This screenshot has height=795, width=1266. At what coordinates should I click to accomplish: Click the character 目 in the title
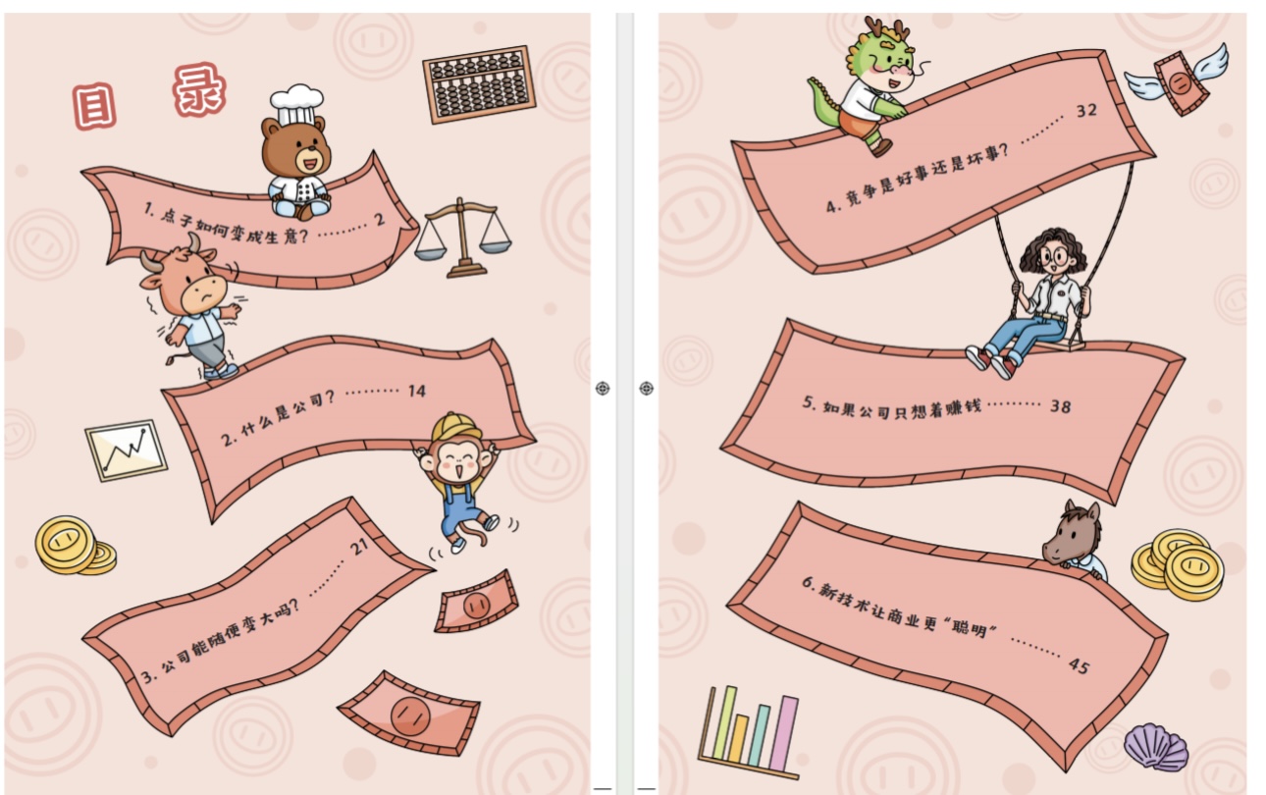click(94, 106)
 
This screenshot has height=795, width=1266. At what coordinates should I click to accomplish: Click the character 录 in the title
click(199, 90)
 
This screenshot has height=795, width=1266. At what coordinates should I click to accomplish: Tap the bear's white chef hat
click(296, 105)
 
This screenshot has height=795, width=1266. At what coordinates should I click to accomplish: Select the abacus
click(479, 84)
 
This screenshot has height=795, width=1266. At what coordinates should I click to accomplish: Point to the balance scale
click(463, 238)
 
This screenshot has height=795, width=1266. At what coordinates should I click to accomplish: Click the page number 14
click(417, 391)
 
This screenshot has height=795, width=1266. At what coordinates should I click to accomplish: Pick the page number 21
click(359, 547)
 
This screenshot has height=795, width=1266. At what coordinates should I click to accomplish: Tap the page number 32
click(1086, 111)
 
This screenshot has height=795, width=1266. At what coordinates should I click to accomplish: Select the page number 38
click(1060, 406)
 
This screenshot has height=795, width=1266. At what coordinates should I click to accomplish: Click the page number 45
click(1079, 665)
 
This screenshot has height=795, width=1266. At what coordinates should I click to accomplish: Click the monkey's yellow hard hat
click(455, 427)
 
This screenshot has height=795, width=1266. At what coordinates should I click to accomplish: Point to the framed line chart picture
click(126, 450)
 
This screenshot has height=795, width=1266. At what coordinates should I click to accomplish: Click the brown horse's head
click(1072, 535)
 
